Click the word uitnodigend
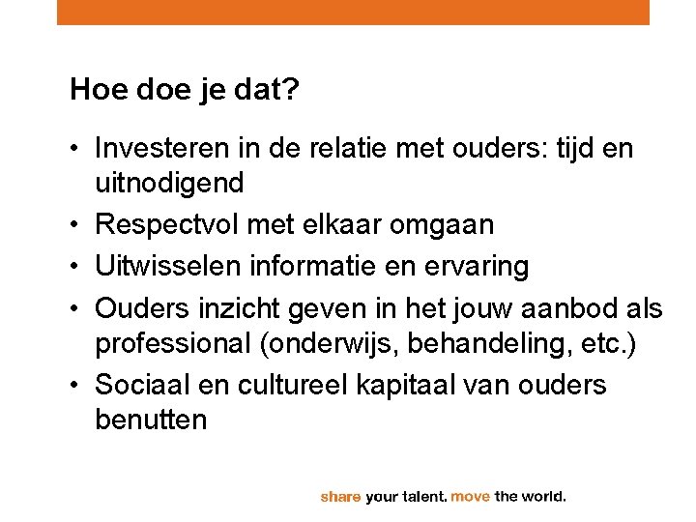pos(169,181)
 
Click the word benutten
pos(151,420)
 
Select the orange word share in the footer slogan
pos(340,497)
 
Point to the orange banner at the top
pos(353,12)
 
